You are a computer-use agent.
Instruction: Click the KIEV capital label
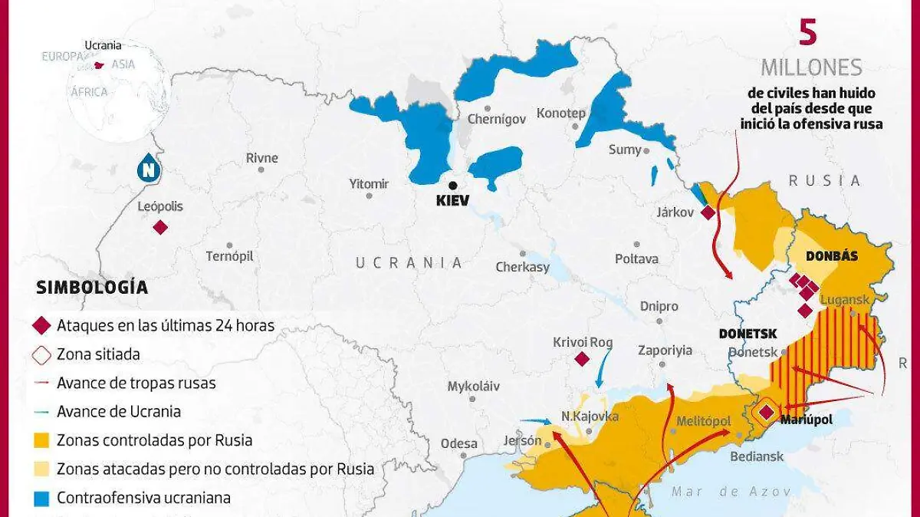pos(452,201)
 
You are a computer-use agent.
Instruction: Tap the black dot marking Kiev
pos(453,185)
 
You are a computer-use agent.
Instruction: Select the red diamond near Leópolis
pos(160,227)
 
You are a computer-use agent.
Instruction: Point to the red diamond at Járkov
pos(708,212)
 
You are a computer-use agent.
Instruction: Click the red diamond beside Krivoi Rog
pos(582,359)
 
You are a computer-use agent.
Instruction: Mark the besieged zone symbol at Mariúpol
pos(765,413)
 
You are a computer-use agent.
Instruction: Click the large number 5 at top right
pos(808,32)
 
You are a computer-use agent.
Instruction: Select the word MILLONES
pos(811,68)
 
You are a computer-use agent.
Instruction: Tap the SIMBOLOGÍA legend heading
pos(91,288)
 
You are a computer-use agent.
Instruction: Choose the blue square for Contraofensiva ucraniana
pos(42,498)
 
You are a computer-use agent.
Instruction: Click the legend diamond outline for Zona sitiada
pos(42,355)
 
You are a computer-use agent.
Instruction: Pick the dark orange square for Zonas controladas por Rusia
pos(42,440)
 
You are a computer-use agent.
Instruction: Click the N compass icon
pos(147,169)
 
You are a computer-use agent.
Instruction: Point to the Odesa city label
pos(458,443)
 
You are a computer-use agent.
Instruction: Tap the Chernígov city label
pos(497,119)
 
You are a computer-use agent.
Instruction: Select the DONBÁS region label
pos(831,256)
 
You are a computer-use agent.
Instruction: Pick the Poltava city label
pos(636,259)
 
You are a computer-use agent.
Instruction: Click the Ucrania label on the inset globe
pos(103,45)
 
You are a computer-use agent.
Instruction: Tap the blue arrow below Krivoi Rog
pos(603,368)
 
